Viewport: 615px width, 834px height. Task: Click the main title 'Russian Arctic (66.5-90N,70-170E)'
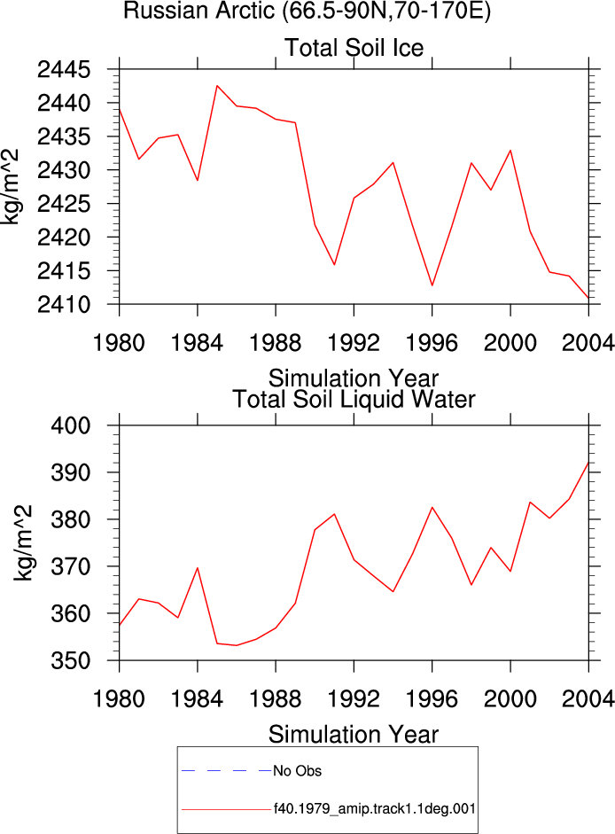[x=307, y=10]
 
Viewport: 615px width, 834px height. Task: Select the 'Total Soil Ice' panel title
[x=354, y=48]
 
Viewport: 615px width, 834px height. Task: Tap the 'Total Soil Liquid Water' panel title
[x=354, y=400]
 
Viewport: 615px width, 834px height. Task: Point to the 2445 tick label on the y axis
[x=64, y=70]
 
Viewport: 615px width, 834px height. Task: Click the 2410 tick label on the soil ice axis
[x=64, y=305]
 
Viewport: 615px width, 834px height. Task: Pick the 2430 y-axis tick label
[x=64, y=170]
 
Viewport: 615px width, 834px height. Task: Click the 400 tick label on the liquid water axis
[x=71, y=425]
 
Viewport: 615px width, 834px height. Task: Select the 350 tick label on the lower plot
[x=71, y=660]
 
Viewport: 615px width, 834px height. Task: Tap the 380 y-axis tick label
[x=71, y=519]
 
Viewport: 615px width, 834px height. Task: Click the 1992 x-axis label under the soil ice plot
[x=354, y=343]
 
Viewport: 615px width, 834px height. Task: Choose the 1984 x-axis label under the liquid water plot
[x=197, y=699]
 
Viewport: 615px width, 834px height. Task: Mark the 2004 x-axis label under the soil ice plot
[x=588, y=343]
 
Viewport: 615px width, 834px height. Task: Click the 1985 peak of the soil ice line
[x=217, y=86]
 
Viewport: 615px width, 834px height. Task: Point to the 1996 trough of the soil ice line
[x=432, y=285]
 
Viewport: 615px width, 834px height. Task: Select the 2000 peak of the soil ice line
[x=510, y=150]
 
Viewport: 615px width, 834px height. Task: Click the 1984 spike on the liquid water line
[x=198, y=567]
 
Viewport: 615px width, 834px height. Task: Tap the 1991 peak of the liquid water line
[x=334, y=514]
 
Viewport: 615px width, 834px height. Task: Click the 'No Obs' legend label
[x=298, y=771]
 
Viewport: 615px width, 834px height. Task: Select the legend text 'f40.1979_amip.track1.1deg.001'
[x=375, y=809]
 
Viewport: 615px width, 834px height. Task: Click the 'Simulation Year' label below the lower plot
[x=354, y=735]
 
